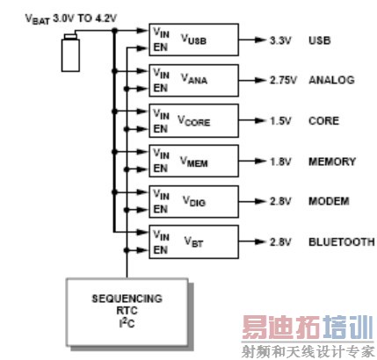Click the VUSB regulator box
tap(193, 40)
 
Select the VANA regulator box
tap(193, 80)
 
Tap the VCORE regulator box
tap(193, 120)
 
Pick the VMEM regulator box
tap(193, 161)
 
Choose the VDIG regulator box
tap(193, 201)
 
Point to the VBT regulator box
tap(193, 241)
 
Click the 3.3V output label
tap(280, 40)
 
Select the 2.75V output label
tap(283, 80)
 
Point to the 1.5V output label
tap(280, 120)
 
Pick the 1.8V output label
tap(280, 161)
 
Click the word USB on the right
tap(319, 40)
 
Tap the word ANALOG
tap(330, 80)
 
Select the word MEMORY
tap(332, 161)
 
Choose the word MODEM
tap(329, 201)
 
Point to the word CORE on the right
tap(323, 120)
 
